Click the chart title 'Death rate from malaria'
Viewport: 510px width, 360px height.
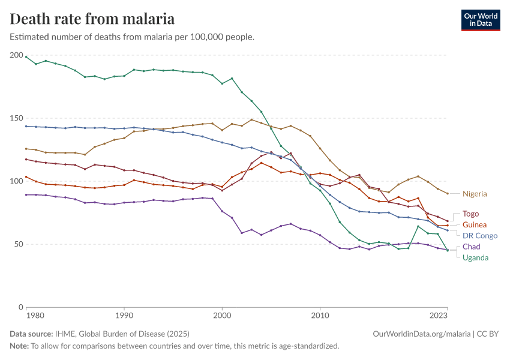[92, 19]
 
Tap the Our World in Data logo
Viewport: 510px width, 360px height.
[480, 20]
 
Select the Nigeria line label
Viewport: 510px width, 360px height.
[475, 194]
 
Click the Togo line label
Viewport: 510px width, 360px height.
[470, 214]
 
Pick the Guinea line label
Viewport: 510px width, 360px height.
[474, 224]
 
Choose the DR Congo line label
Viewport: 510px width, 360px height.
[479, 236]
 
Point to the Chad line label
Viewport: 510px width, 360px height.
[471, 247]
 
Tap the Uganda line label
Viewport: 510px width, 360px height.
[475, 257]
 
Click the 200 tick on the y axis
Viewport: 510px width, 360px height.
[16, 55]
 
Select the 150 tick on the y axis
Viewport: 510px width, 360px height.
[16, 118]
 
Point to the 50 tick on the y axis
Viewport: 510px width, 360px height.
[19, 244]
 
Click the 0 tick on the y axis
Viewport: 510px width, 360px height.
[20, 307]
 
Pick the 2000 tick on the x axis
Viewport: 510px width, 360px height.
[222, 314]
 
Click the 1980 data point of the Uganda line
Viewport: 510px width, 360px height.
[26, 56]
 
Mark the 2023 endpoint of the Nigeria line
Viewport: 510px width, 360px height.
[448, 193]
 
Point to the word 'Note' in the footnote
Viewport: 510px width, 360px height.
[19, 346]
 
